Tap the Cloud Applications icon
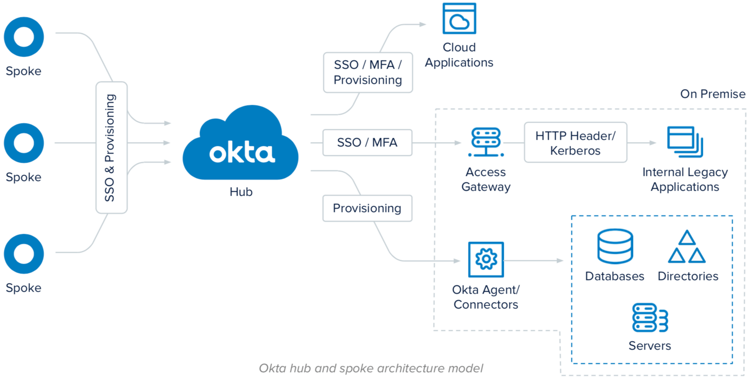[459, 19]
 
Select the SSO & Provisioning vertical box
[111, 147]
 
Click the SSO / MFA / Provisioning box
[368, 72]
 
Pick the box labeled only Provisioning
[367, 209]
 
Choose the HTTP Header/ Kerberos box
[575, 143]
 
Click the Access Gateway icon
[486, 142]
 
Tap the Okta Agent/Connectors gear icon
[486, 260]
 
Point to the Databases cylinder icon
[615, 246]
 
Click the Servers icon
[650, 318]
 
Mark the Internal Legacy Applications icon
[685, 142]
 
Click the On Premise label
[712, 94]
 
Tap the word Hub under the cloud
[241, 192]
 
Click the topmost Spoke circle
[24, 37]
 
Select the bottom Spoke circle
[24, 254]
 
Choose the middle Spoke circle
[24, 143]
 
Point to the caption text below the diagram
[371, 368]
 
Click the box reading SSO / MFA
[367, 143]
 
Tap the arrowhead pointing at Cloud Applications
[423, 24]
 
